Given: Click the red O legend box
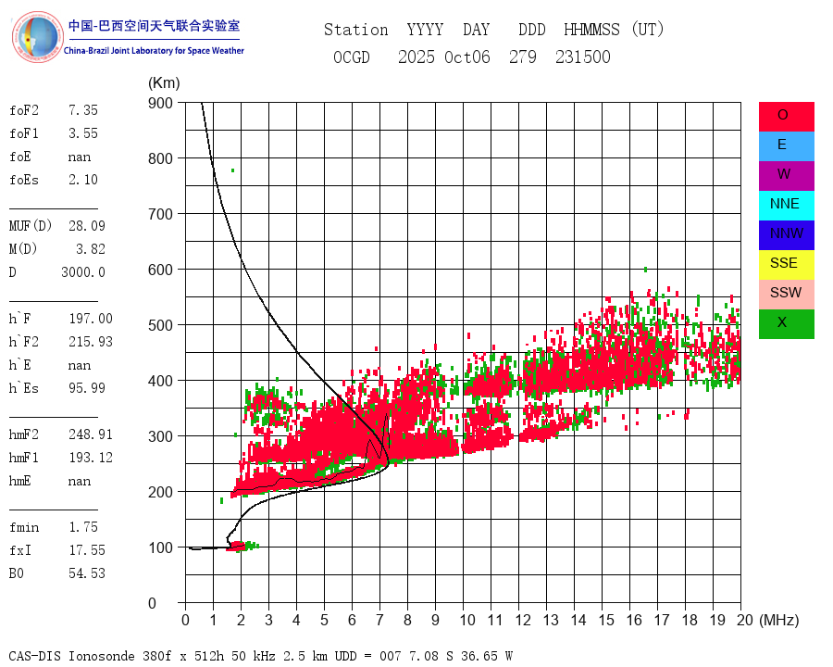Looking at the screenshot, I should (786, 116).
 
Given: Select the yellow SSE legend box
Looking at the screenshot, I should (786, 264).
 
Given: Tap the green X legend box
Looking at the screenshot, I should (786, 323).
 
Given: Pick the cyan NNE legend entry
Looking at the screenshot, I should (786, 205).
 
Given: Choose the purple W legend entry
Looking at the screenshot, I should (786, 175).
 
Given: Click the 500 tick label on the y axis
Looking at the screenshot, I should (161, 325).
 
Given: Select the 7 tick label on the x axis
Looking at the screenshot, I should (379, 620).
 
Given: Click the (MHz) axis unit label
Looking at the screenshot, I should (778, 620).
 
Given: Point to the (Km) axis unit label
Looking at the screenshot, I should (164, 82).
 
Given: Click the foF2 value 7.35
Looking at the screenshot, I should (82, 110).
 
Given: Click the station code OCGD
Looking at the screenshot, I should (352, 57).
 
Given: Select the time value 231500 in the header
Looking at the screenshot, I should (583, 57).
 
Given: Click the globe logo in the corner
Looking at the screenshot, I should (37, 37).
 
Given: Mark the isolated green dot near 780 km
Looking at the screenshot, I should (232, 170).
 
